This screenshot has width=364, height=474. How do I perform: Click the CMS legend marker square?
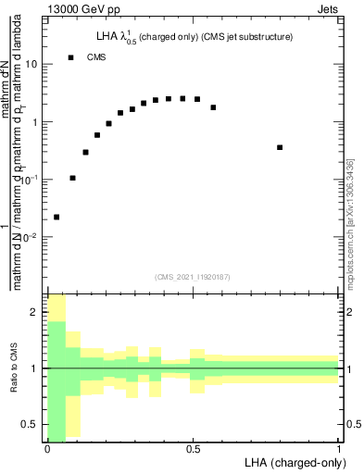[x=71, y=57]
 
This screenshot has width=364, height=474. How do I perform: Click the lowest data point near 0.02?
[x=56, y=217]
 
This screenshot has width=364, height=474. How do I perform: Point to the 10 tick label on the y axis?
[x=31, y=65]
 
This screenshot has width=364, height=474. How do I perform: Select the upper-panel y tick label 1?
[x=34, y=122]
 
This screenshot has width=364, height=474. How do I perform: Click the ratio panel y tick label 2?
[x=35, y=312]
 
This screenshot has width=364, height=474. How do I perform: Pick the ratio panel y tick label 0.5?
[x=31, y=424]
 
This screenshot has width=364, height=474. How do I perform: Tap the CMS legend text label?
[x=95, y=57]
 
